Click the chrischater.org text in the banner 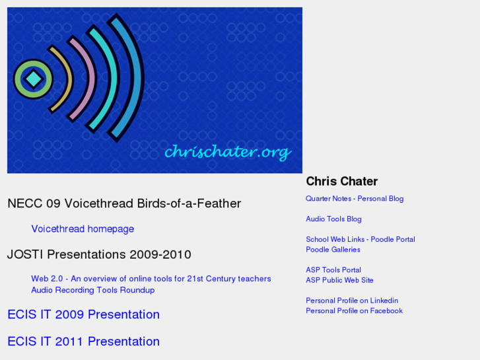(227, 152)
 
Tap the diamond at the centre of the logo (33, 80)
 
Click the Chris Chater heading (342, 181)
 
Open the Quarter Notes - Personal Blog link (355, 199)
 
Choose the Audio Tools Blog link (333, 219)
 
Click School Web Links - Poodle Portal (360, 239)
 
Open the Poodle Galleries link (333, 250)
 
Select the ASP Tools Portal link (333, 270)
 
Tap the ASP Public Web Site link (339, 280)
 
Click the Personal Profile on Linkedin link (352, 301)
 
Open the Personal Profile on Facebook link (354, 310)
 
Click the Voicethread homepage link (83, 229)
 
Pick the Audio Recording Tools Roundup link (93, 290)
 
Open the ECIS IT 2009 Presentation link (84, 314)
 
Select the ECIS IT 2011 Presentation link (84, 342)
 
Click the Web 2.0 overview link (151, 279)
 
